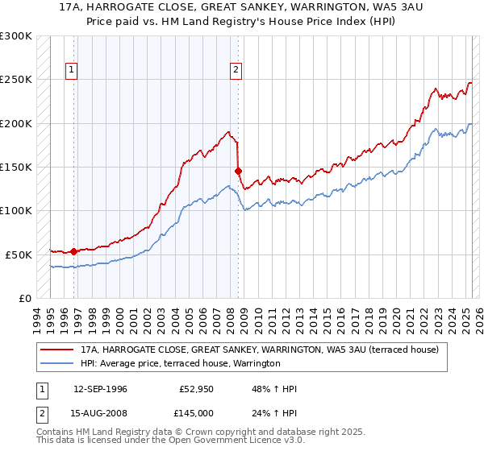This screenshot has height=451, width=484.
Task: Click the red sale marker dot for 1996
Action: tap(74, 251)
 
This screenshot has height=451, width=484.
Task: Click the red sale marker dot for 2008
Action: tap(238, 171)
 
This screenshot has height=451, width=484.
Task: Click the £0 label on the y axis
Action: tap(24, 298)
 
